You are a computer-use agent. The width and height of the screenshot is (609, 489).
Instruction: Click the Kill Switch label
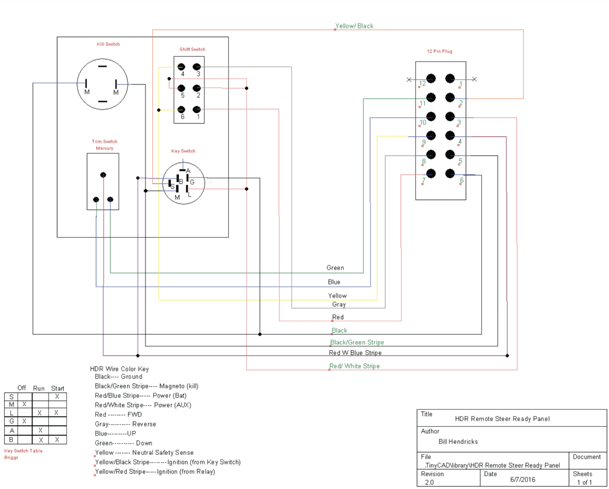tap(108, 44)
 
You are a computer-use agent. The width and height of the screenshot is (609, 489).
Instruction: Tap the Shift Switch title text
tap(192, 49)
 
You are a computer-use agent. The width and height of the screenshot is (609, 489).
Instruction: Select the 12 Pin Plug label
tap(439, 51)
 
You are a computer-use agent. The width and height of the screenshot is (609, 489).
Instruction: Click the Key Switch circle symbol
tap(184, 183)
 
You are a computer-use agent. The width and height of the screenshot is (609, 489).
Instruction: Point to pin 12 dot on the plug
tap(431, 78)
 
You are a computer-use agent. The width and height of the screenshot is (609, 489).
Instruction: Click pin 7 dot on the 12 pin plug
tap(431, 174)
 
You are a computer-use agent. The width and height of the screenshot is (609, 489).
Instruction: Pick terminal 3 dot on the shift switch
tap(197, 67)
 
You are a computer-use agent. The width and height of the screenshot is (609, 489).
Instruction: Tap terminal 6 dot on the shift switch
tap(181, 109)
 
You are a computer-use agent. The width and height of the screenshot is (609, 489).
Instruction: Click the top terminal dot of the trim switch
tap(103, 175)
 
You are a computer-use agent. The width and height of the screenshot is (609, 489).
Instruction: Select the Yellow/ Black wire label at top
tap(354, 26)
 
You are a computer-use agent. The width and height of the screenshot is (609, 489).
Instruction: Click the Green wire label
tap(335, 268)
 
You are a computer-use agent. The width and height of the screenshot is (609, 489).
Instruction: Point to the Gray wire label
tap(339, 304)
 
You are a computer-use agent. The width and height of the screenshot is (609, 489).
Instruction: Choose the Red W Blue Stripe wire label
tap(355, 353)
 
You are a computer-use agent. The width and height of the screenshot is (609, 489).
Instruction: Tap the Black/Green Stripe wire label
tap(357, 342)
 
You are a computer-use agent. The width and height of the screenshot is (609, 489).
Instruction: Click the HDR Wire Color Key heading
tap(119, 369)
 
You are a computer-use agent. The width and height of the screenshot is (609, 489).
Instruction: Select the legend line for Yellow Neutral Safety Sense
tap(144, 453)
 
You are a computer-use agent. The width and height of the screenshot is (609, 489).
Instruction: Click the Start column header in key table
tap(57, 388)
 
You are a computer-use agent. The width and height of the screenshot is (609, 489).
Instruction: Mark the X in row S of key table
tap(57, 397)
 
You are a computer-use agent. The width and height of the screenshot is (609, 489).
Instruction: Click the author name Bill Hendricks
tap(458, 441)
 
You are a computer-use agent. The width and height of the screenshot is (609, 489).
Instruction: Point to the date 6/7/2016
tap(523, 479)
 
